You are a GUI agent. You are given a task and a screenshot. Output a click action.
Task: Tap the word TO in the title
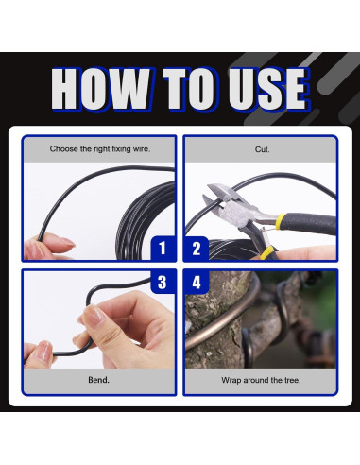(x=191, y=90)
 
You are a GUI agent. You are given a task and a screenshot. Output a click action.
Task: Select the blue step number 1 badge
(x=163, y=249)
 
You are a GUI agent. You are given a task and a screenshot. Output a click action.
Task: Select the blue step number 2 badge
(x=197, y=249)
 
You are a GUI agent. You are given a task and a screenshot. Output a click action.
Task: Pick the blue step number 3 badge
(x=163, y=282)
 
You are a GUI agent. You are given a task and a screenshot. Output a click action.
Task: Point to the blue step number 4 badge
(x=197, y=282)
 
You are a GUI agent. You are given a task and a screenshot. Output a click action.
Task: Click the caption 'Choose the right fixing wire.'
(x=100, y=149)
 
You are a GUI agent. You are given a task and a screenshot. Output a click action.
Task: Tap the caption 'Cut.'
(x=262, y=149)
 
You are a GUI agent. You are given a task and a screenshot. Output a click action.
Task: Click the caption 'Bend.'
(x=98, y=380)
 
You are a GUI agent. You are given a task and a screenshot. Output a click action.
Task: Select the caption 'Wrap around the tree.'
(x=261, y=380)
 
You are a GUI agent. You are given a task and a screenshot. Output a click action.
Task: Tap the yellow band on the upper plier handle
(x=278, y=221)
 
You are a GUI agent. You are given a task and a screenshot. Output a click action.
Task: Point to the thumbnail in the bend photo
(x=94, y=315)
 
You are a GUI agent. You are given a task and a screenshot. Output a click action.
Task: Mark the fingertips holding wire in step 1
(x=47, y=247)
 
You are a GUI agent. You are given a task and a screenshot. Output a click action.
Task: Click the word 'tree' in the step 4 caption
(x=292, y=380)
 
